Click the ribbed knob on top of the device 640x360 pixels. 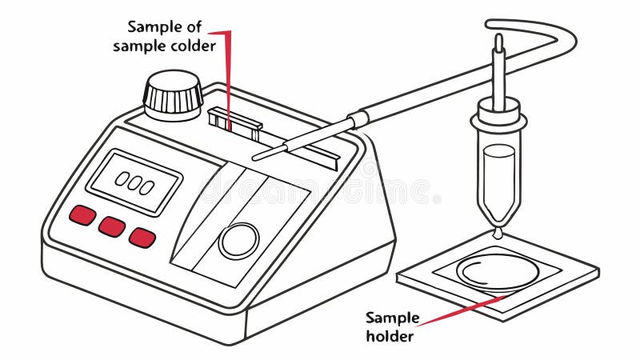(173, 94)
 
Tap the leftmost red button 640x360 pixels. (82, 215)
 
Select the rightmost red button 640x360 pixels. (142, 237)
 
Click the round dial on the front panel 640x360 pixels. (238, 240)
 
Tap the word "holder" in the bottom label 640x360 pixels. (390, 336)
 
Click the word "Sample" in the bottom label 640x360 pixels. (390, 317)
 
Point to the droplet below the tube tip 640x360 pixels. (498, 233)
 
